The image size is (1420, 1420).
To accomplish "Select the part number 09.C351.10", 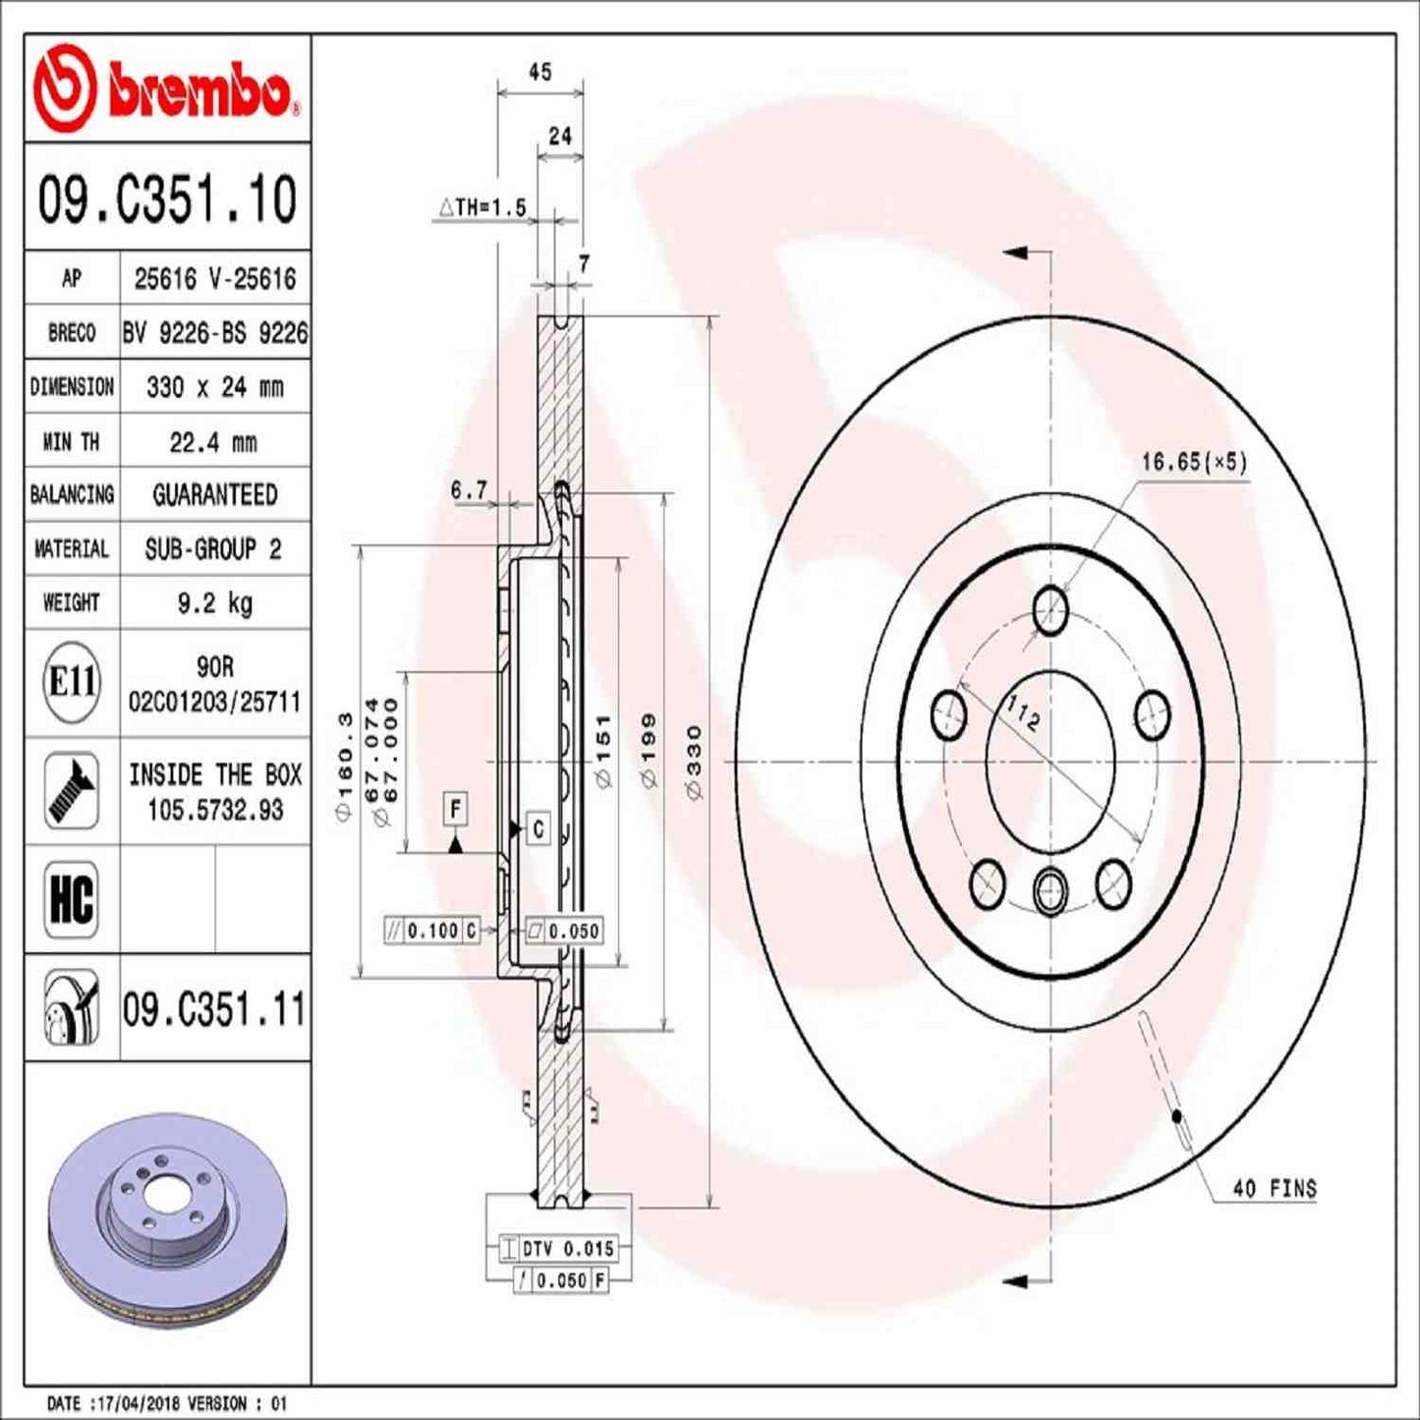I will coord(167,199).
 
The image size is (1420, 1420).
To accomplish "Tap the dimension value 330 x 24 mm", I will coord(214,387).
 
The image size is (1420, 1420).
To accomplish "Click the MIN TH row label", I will coord(71,442).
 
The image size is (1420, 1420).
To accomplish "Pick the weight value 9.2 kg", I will coord(214,602).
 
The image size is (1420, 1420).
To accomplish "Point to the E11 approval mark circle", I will coord(72,681).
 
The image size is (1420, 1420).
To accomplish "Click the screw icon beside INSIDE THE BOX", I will coord(72,791).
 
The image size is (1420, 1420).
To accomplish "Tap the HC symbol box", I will coord(72,899).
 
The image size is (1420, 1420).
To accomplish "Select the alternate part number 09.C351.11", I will coord(214,1009).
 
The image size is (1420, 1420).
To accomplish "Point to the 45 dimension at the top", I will coord(540,72).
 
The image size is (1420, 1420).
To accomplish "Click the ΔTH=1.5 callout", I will coord(483,207).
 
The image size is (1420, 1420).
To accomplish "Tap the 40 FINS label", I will coord(1274,1188).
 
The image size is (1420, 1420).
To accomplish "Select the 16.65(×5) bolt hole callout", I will coord(1193,461).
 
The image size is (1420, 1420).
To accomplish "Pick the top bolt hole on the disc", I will coord(1051,610).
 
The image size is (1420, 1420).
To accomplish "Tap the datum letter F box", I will coord(455,809).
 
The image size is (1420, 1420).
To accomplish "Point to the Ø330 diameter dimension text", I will coord(695,762).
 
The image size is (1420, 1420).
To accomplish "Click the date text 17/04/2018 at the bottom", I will coord(138,1403).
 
